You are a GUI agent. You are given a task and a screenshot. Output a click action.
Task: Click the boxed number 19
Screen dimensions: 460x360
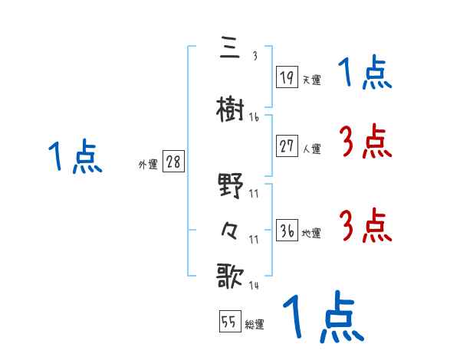tap(287, 77)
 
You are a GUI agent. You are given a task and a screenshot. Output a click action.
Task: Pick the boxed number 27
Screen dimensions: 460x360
tap(287, 146)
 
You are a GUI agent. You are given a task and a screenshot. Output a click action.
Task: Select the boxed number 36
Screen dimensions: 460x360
tap(287, 231)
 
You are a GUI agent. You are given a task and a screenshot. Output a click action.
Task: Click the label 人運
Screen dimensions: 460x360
tap(311, 149)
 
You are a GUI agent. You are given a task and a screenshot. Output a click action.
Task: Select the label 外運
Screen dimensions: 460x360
tap(148, 164)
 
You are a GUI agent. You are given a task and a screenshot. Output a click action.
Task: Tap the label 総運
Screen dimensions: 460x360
tap(255, 324)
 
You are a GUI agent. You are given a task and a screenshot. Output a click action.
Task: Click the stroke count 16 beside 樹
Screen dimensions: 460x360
tap(254, 117)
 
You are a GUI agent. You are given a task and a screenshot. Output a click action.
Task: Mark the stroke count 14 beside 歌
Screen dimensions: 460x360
tap(254, 286)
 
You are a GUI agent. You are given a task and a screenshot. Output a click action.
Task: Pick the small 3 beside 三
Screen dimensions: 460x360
tap(254, 56)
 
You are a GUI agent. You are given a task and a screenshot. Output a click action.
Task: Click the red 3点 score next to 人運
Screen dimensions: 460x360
tap(365, 142)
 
